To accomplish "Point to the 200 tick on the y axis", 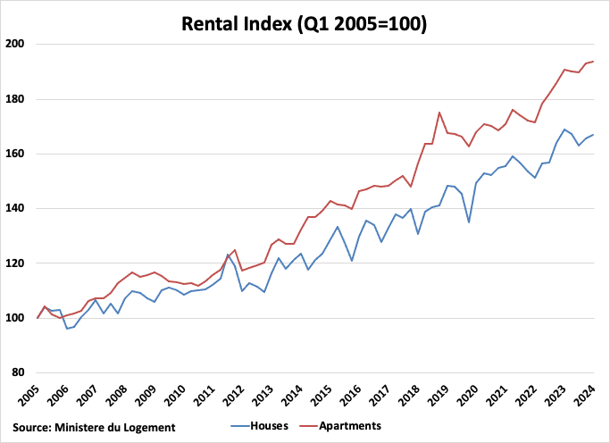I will (x=15, y=44).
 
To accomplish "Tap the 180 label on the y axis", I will (x=15, y=99).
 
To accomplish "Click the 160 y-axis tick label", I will (x=15, y=154).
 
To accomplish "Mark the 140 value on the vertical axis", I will (x=15, y=209).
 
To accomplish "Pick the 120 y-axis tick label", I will (x=15, y=263).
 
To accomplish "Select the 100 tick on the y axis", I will (x=15, y=318).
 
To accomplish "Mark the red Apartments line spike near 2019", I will (x=439, y=113).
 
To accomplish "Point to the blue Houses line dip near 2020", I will (x=469, y=221).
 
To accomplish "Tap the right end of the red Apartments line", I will (x=594, y=62).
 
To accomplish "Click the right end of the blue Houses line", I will (x=594, y=135).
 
